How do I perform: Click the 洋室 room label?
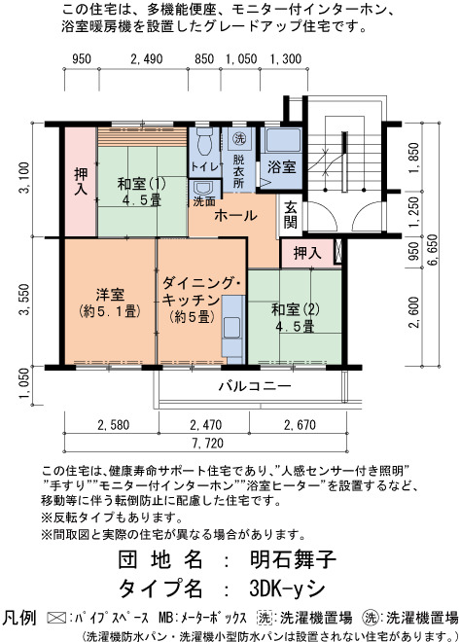110,294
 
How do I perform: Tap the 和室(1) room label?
142,184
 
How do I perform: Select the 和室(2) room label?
296,309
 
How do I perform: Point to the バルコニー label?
255,386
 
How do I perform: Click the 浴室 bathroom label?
282,166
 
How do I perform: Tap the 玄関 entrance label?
290,215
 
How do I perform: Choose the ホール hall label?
235,215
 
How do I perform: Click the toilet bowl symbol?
204,142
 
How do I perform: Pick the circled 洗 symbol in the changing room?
239,138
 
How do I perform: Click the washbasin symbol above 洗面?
203,189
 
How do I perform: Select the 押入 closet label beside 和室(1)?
81,181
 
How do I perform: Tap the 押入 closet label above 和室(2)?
307,253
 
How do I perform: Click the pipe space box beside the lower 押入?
338,251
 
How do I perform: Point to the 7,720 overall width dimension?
207,443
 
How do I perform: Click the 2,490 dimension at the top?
146,59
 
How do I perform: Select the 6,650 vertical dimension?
432,250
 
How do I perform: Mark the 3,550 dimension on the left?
23,300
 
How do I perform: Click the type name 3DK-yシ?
287,588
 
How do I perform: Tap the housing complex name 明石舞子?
293,558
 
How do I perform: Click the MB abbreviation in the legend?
165,618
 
